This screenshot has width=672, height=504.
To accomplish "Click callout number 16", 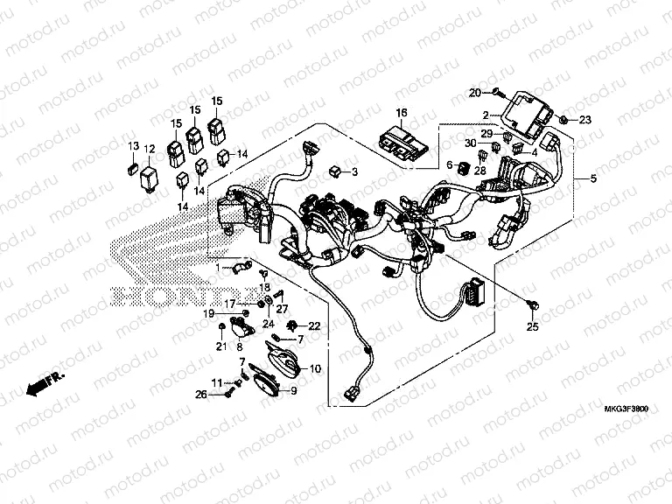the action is [x=401, y=114].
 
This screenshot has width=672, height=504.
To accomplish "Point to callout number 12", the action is [x=150, y=149].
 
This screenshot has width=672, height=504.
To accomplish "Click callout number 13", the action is [x=134, y=145].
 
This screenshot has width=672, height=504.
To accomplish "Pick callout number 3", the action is [x=354, y=172].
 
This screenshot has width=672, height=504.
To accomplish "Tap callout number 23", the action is [x=585, y=119].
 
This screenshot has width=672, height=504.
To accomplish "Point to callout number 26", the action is [x=200, y=395].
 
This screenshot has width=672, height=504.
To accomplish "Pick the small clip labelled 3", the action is [x=336, y=171].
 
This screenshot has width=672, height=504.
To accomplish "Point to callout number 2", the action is [x=483, y=115].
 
